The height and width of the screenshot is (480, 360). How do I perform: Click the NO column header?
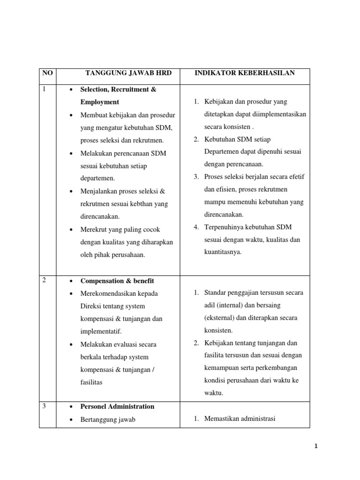click(x=47, y=73)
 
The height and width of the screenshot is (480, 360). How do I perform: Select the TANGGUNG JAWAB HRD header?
click(x=128, y=73)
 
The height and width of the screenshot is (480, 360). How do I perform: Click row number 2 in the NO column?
click(x=44, y=280)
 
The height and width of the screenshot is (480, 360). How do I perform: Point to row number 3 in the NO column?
click(x=44, y=406)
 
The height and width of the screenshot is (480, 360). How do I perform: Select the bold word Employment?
click(x=99, y=102)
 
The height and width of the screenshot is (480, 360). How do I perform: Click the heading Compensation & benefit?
click(x=117, y=281)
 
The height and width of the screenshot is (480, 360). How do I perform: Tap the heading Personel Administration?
click(x=117, y=406)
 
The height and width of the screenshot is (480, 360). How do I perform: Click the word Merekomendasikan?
click(x=108, y=293)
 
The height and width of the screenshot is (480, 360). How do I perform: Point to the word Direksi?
click(x=91, y=306)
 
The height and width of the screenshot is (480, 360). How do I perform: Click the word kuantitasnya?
click(x=223, y=252)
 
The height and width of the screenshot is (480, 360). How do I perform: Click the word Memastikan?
click(x=222, y=419)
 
